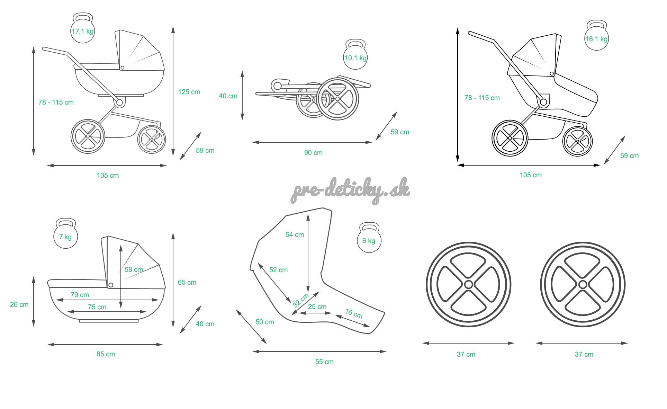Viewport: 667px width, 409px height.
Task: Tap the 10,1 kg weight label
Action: [355, 58]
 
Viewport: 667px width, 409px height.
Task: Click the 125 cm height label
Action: [189, 92]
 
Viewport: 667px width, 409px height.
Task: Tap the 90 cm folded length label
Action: [313, 153]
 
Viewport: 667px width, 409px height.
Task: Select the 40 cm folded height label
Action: [228, 96]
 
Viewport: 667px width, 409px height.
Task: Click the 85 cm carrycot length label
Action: [106, 354]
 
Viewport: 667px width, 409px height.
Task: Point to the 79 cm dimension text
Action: [80, 295]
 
